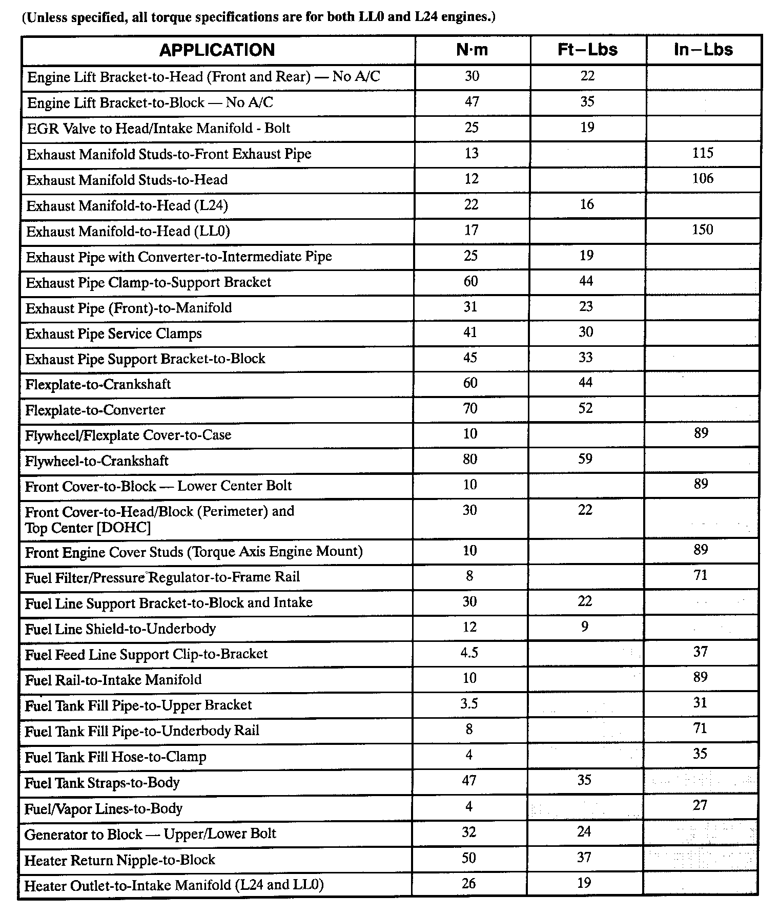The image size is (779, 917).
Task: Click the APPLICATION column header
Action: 217,50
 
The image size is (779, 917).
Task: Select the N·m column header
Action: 472,50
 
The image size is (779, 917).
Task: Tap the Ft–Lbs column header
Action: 587,50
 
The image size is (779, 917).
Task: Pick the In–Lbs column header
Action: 703,50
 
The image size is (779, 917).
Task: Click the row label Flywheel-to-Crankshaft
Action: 97,461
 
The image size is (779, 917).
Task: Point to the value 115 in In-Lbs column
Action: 702,153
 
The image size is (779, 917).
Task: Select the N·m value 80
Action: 470,460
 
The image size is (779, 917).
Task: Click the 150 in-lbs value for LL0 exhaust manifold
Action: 702,230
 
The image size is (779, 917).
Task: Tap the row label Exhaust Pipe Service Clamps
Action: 114,334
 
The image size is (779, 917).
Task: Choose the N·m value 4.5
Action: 469,653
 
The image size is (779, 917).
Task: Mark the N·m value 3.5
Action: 469,704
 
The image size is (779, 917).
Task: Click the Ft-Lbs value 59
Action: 585,459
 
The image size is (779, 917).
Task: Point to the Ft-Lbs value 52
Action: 585,408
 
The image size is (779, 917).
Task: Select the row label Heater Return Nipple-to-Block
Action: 120,860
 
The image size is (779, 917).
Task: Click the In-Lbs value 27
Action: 700,806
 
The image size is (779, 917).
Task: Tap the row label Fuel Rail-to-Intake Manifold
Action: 113,680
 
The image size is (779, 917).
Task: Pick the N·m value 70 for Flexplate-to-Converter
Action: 470,409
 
